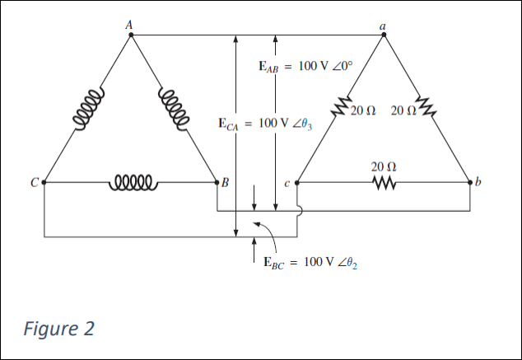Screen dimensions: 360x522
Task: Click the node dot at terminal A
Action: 130,35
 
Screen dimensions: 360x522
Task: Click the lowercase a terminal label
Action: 383,25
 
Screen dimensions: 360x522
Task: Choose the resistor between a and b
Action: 425,107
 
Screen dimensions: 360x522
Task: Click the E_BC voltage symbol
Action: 273,263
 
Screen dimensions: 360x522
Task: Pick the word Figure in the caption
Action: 49,329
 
